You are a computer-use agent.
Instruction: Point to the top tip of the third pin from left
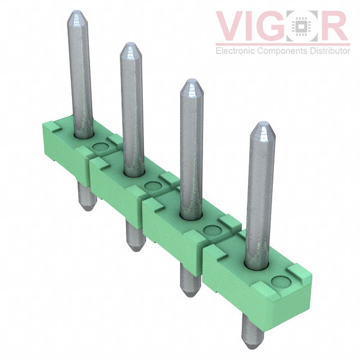click(x=192, y=80)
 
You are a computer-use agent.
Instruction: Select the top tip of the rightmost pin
click(x=263, y=123)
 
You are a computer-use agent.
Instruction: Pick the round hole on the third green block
click(x=213, y=230)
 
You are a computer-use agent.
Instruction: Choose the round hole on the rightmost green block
click(x=281, y=282)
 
